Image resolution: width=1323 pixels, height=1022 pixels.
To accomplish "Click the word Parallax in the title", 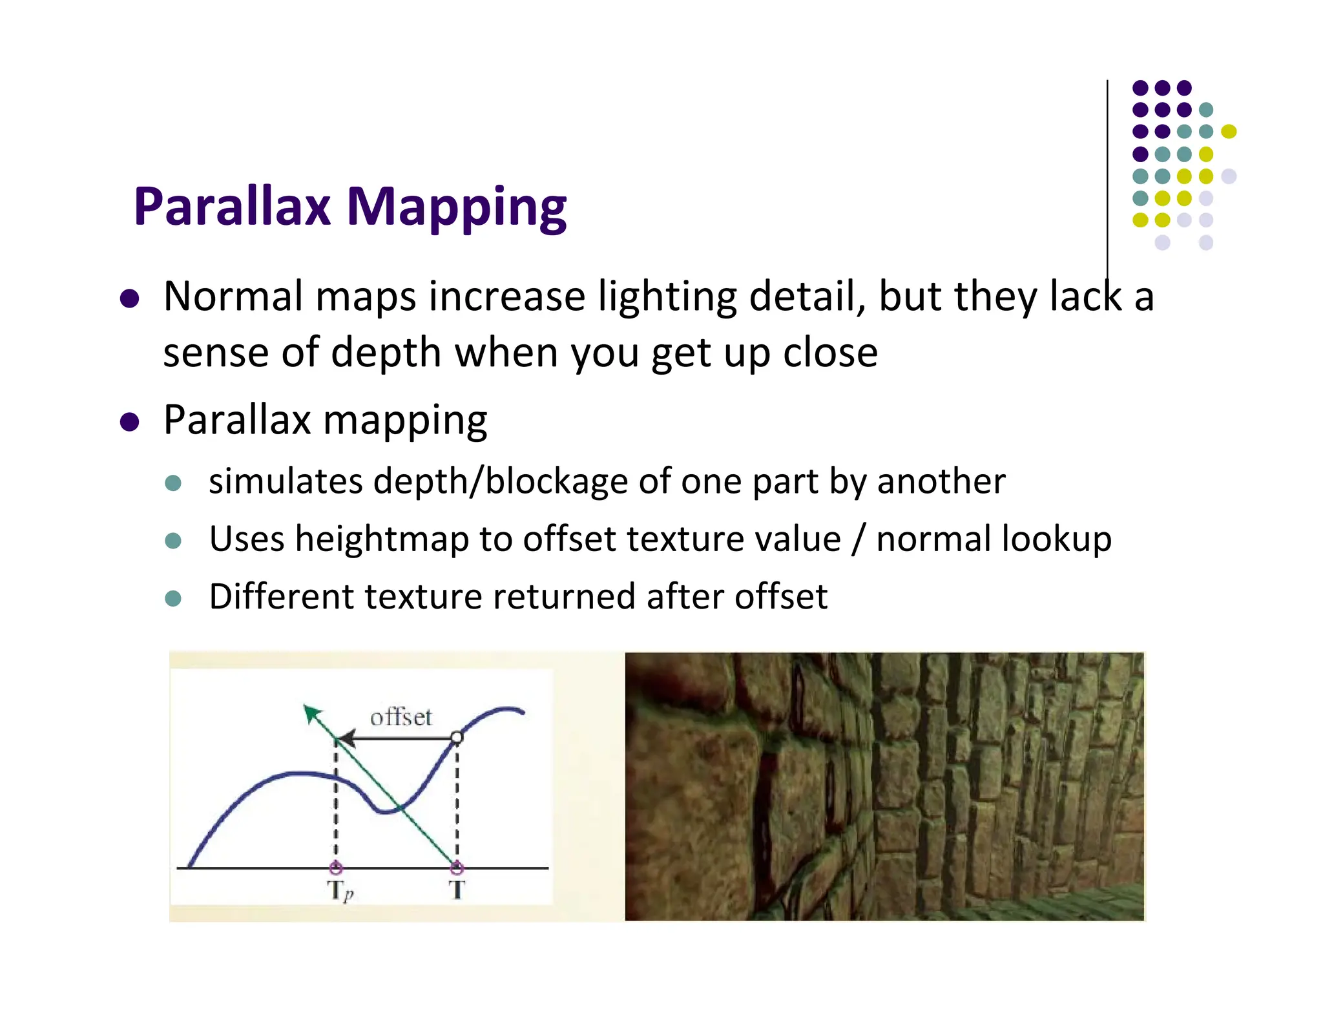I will pyautogui.click(x=232, y=207).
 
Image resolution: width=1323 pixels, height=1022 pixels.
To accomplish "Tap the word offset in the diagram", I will pyautogui.click(x=401, y=717).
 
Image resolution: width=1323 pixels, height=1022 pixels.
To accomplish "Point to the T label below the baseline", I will pyautogui.click(x=457, y=890).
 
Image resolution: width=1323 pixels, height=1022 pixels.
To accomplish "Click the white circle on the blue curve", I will pyautogui.click(x=457, y=737).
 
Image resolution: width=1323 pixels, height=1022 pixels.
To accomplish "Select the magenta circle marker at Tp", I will pyautogui.click(x=335, y=868).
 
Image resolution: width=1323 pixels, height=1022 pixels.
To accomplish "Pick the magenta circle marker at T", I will pyautogui.click(x=457, y=867).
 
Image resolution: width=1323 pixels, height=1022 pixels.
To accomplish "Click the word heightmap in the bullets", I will pyautogui.click(x=381, y=539).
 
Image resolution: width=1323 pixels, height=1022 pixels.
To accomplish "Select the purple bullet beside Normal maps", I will pyautogui.click(x=130, y=298).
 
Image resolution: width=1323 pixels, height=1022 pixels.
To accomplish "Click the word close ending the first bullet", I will pyautogui.click(x=830, y=353).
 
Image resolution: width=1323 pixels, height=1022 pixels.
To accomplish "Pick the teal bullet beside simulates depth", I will pyautogui.click(x=173, y=483).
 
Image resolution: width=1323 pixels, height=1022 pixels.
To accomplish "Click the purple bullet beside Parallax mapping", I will pyautogui.click(x=130, y=422).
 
